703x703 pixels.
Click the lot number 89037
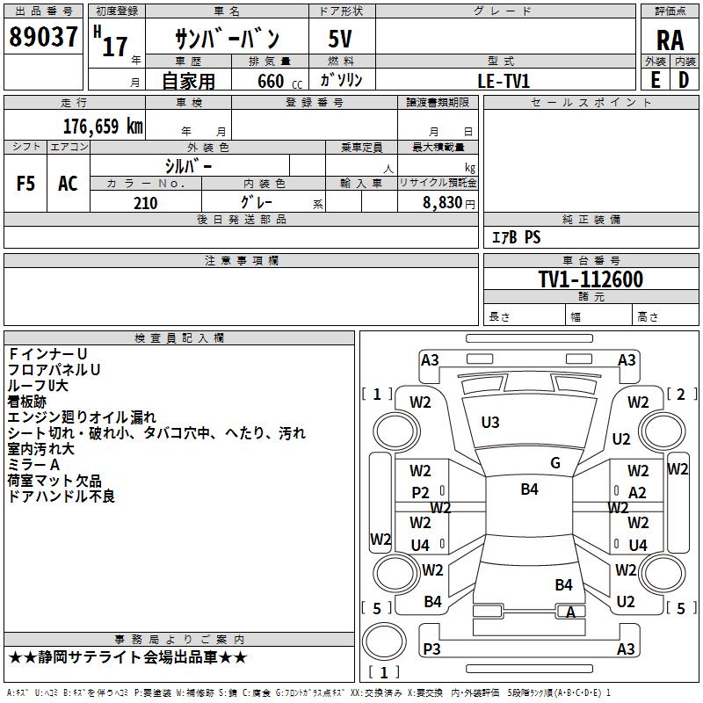tap(42, 39)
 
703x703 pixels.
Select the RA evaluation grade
tap(670, 40)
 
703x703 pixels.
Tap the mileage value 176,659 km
tap(103, 127)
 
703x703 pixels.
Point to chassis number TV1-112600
tap(591, 280)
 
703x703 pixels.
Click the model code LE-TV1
tap(504, 81)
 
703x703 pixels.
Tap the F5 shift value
tap(26, 184)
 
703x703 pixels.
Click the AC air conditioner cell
tap(68, 184)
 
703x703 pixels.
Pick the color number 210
tap(145, 203)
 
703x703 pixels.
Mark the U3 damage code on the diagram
tap(490, 423)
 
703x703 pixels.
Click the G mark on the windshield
tap(555, 463)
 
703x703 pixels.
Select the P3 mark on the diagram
tap(431, 649)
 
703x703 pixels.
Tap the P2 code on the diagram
tap(421, 493)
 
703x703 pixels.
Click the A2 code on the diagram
tap(637, 493)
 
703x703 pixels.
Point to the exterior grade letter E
tap(655, 80)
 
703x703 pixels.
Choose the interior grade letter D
tap(684, 80)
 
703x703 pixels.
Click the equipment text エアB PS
tap(516, 237)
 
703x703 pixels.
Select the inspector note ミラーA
tap(33, 465)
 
